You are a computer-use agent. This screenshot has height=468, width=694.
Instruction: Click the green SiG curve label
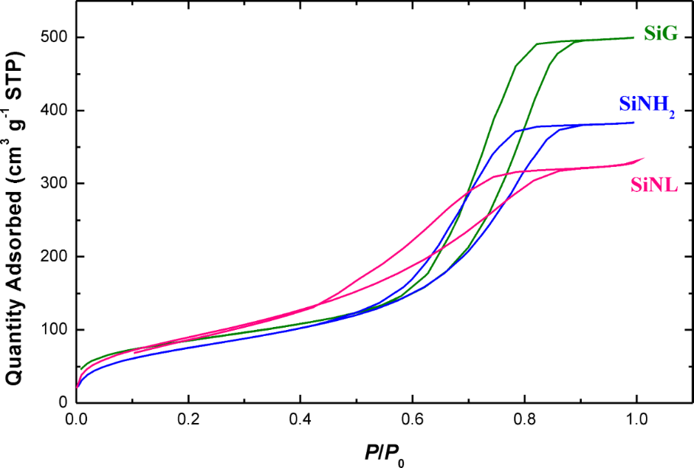660,33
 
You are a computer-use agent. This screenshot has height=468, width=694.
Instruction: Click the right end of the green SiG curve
633,37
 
